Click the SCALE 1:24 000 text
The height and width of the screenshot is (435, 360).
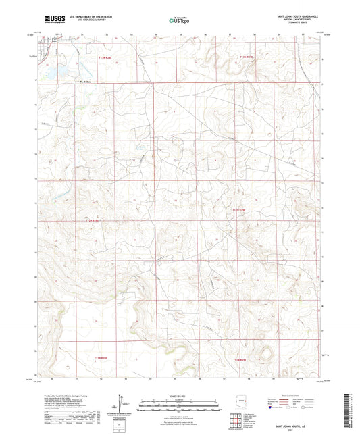[x=179, y=394]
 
